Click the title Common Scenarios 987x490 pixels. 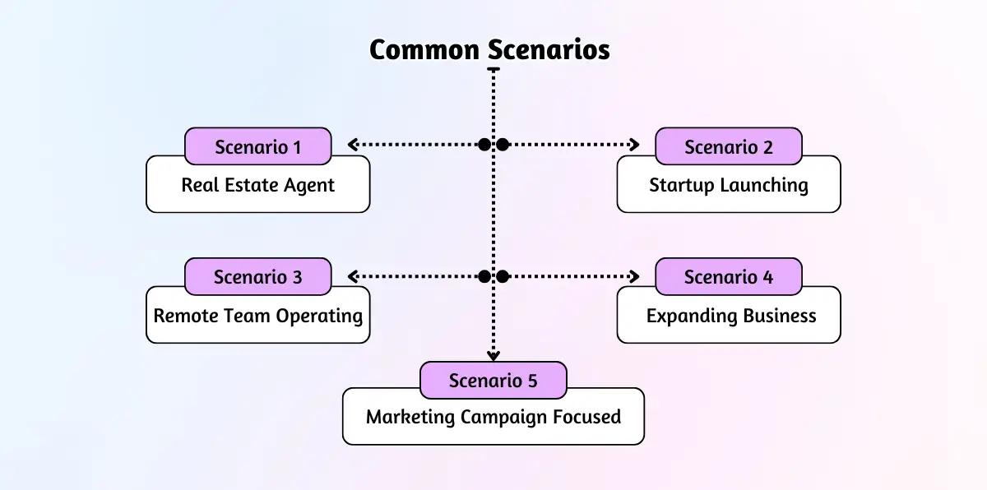coord(489,50)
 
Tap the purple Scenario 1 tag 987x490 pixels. coord(257,147)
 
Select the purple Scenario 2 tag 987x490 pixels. coord(728,147)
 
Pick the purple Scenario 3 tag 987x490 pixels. coord(257,277)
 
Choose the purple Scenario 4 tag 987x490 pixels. coord(728,277)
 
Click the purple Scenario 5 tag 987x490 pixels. coord(493,381)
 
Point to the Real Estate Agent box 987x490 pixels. coord(257,186)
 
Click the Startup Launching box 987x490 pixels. coord(728,186)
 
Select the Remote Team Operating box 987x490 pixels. coord(257,317)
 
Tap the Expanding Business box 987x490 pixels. coord(728,317)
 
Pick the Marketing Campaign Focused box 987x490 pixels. coord(493,418)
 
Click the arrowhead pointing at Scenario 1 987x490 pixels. coord(352,145)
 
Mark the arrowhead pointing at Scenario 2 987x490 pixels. coord(634,145)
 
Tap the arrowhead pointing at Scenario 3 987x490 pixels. coord(352,276)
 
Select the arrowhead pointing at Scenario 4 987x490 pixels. coord(634,276)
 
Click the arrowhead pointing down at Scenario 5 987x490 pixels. coord(493,356)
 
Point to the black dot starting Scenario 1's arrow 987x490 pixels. coord(484,145)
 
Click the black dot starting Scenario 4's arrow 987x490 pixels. coord(503,276)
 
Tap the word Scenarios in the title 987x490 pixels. coord(549,50)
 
